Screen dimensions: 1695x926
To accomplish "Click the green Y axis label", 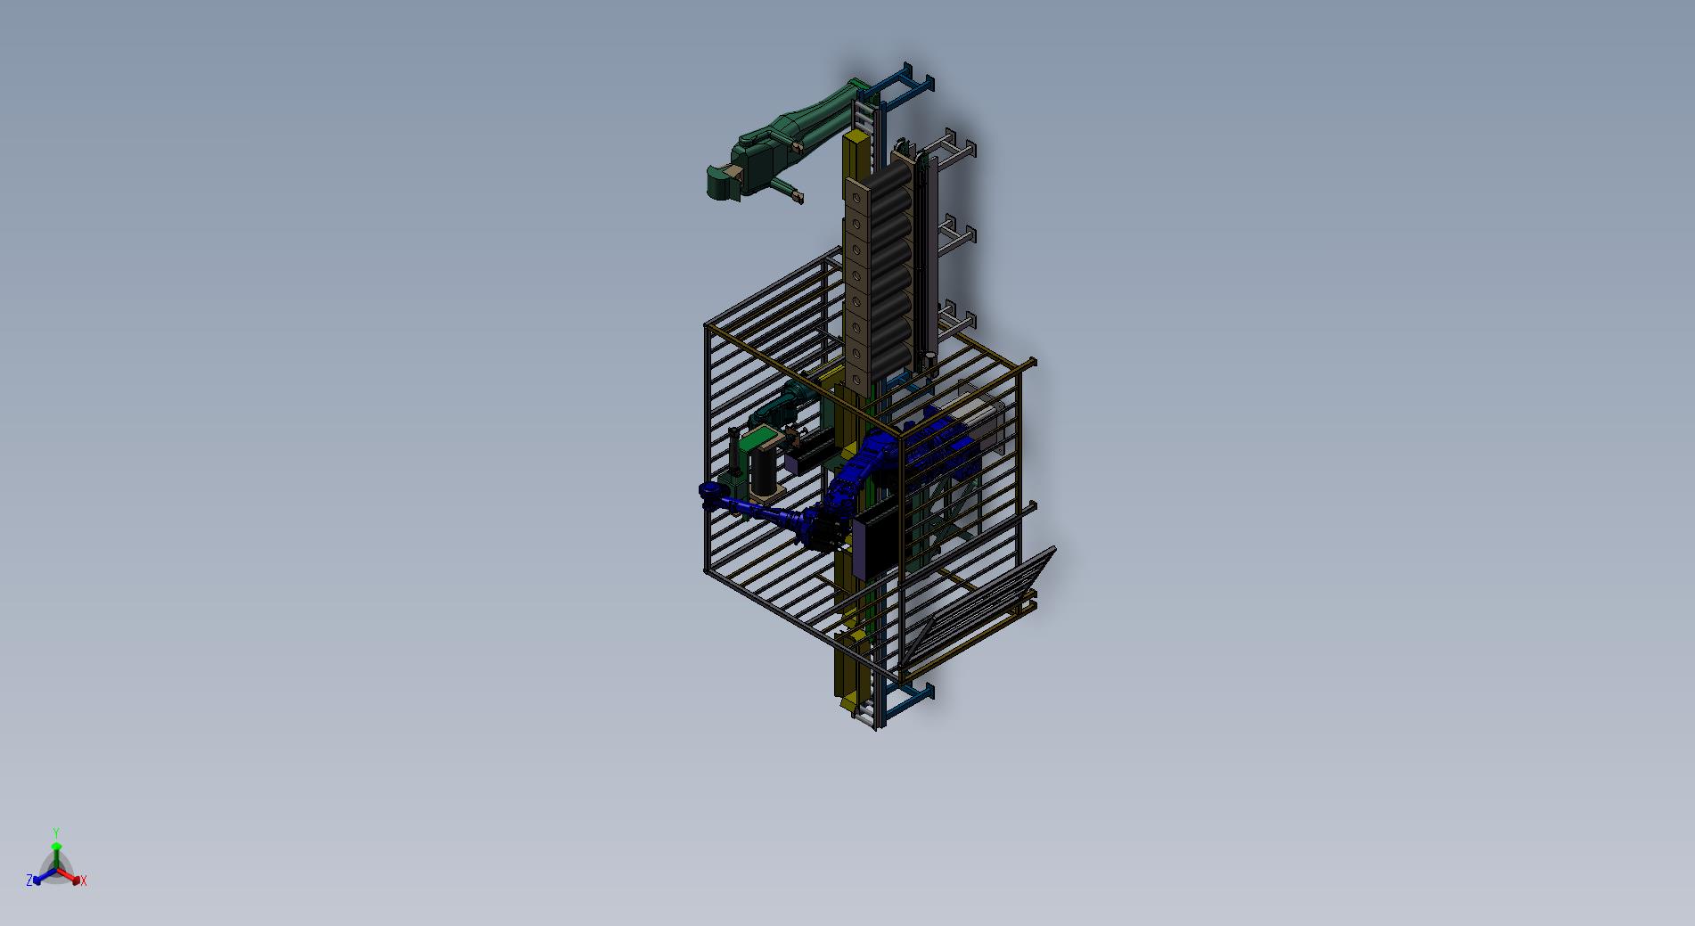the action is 55,833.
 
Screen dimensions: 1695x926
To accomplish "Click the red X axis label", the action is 84,881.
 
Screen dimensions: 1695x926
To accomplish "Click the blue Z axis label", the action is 29,881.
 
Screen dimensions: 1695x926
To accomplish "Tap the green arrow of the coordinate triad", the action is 56,852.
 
